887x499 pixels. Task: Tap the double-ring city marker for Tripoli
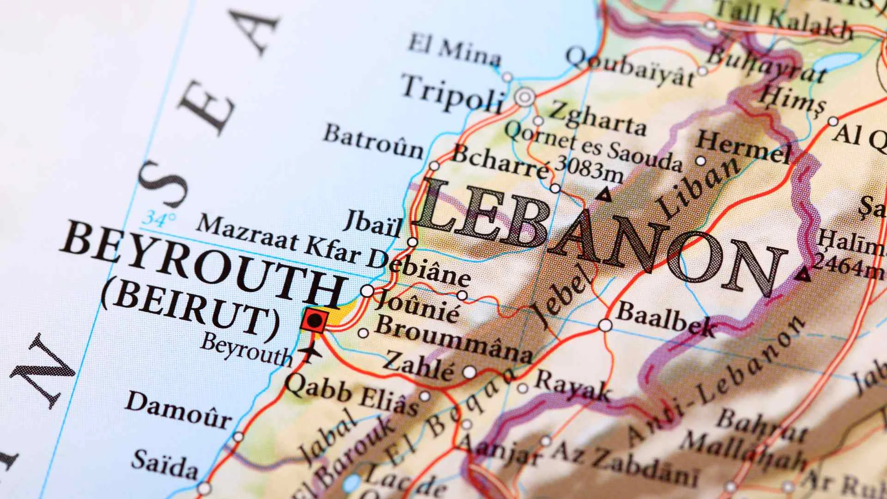click(x=525, y=97)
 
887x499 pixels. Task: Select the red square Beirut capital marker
click(x=315, y=320)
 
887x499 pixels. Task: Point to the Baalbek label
click(x=666, y=319)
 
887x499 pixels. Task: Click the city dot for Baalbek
click(x=605, y=325)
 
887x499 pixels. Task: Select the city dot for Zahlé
click(x=469, y=371)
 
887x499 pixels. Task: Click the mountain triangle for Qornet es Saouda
click(x=603, y=195)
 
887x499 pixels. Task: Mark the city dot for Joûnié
click(x=367, y=291)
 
